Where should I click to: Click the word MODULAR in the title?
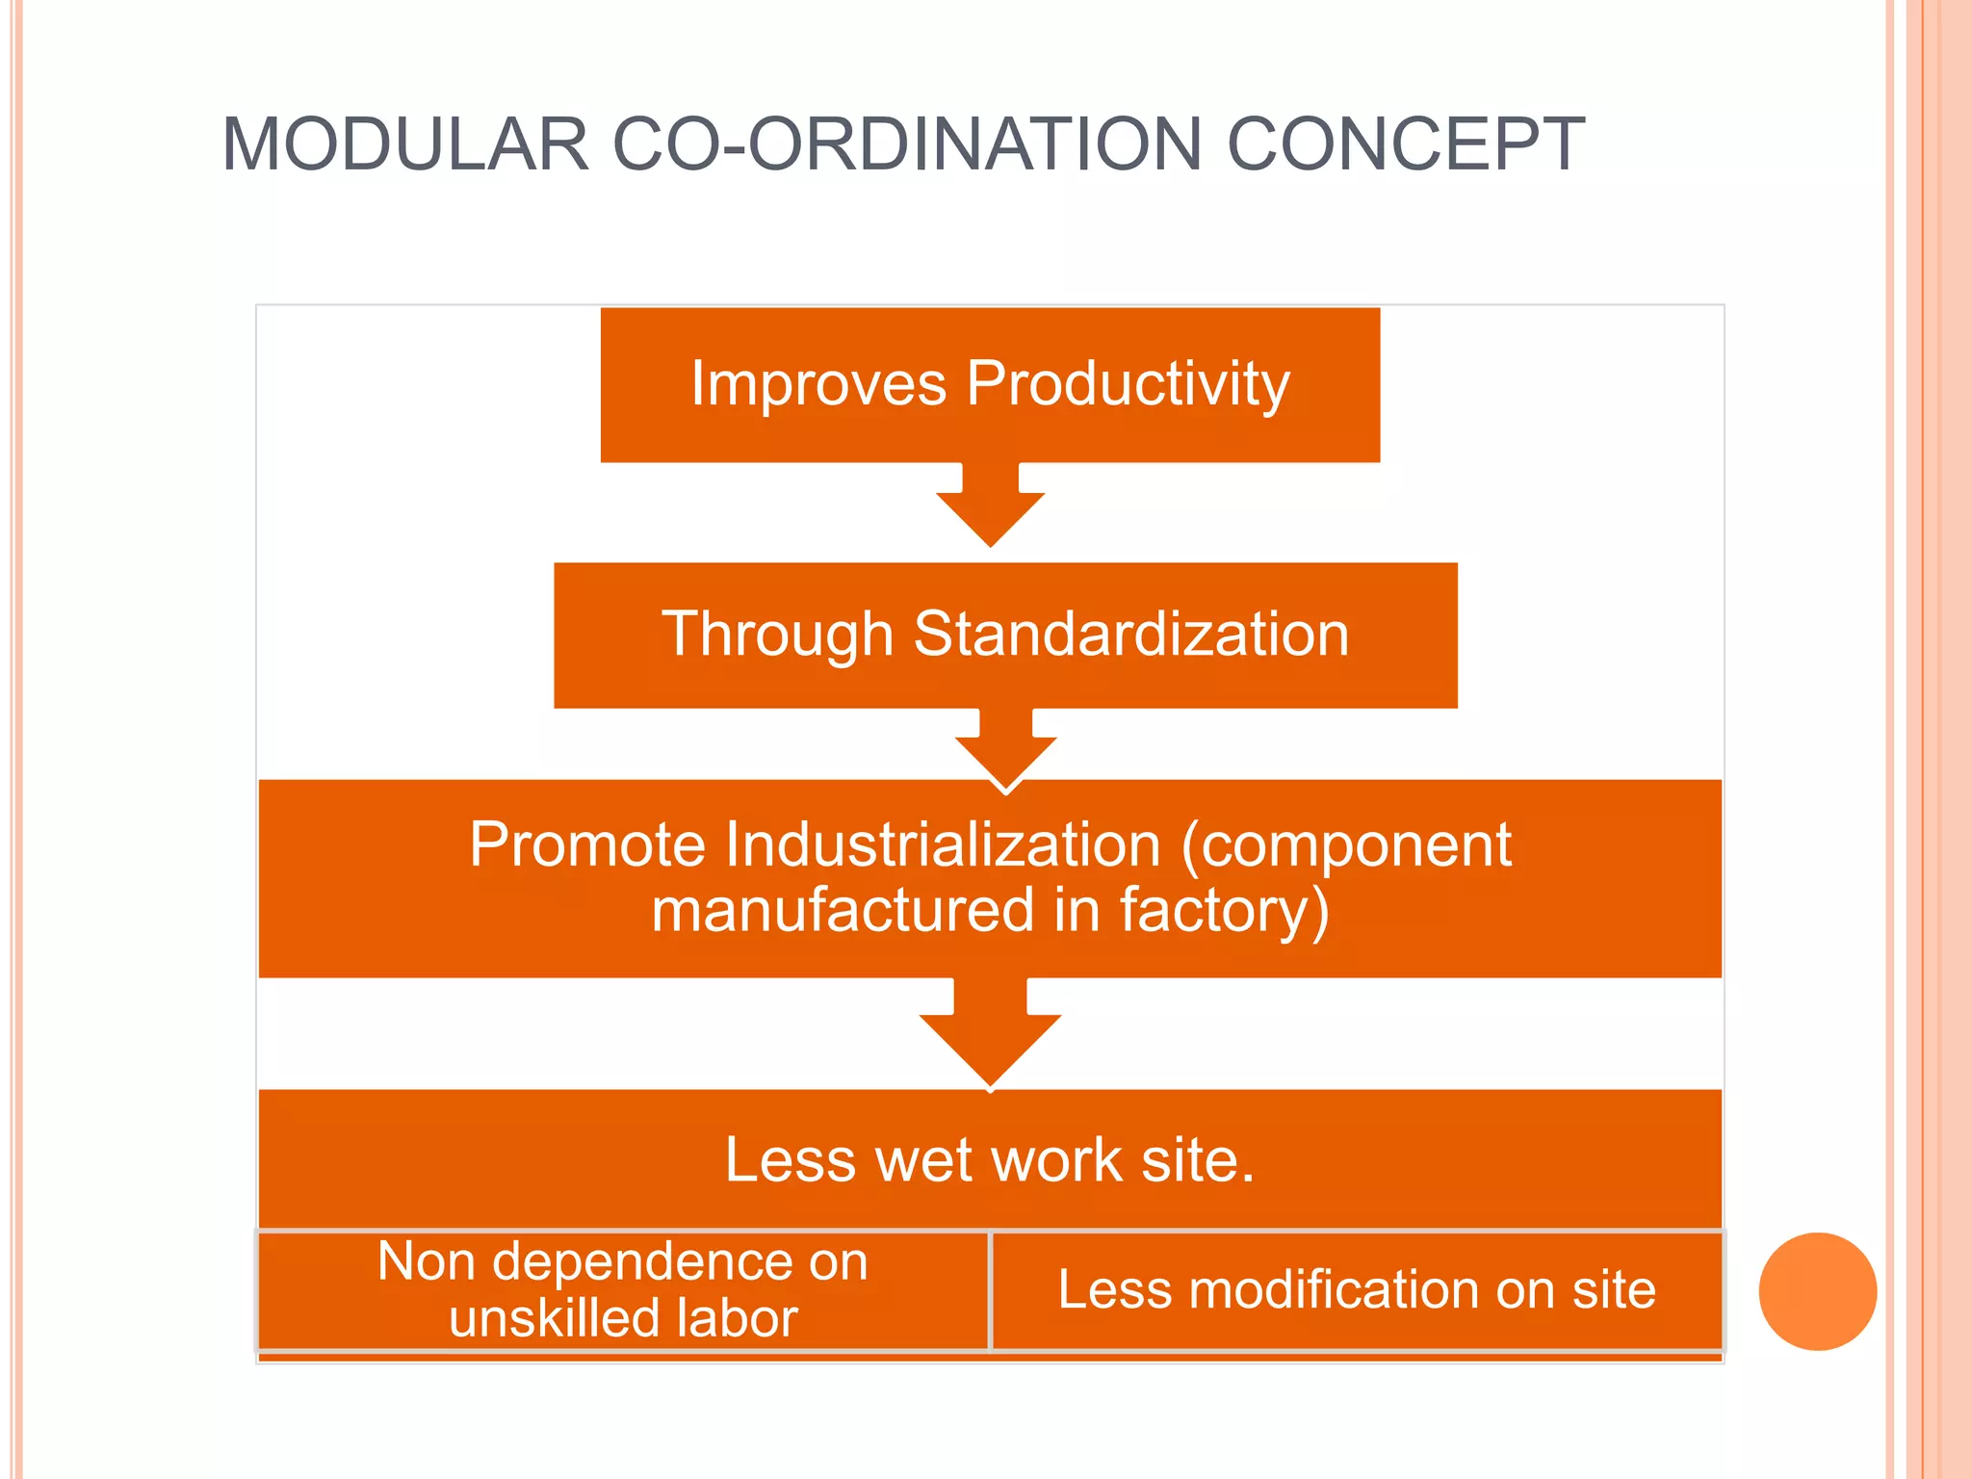coord(404,144)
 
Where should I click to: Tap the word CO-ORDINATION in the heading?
coord(906,144)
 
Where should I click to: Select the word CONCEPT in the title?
coord(1405,144)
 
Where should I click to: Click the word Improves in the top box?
coord(818,384)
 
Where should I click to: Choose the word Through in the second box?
coord(777,635)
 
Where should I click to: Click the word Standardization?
coord(1131,635)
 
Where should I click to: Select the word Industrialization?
coord(943,845)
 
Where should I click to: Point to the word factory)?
coord(1224,911)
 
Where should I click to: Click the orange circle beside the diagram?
coord(1817,1291)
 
